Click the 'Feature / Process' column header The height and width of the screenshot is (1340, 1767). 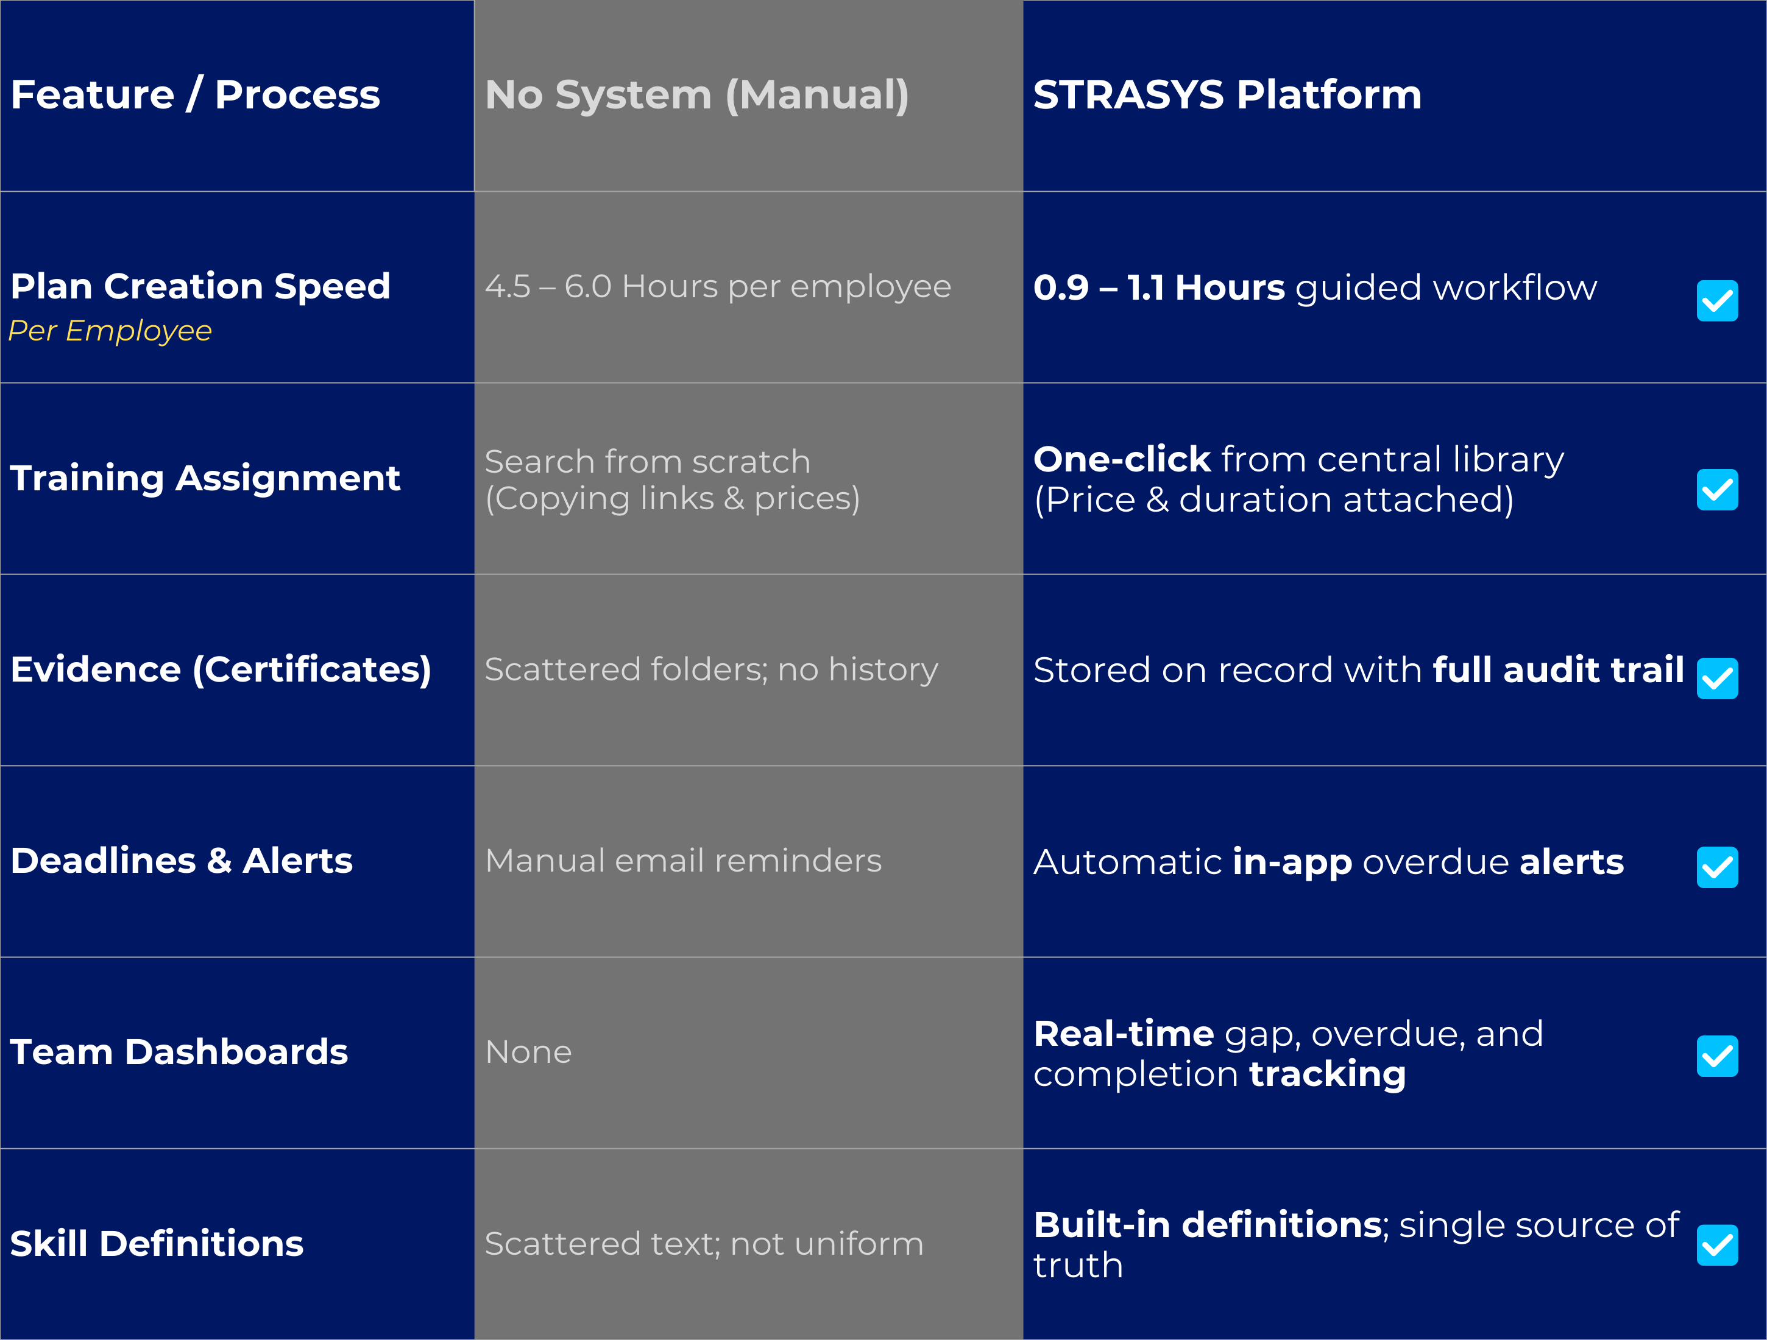click(195, 94)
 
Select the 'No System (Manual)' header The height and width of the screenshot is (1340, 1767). click(696, 94)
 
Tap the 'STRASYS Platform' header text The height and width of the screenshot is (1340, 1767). click(1227, 94)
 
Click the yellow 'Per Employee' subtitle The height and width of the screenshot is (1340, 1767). click(110, 331)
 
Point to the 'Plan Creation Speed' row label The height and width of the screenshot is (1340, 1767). click(200, 286)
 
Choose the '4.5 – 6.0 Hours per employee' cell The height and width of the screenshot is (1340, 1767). click(717, 286)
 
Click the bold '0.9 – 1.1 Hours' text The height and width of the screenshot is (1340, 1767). click(1158, 287)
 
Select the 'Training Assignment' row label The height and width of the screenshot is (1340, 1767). click(205, 478)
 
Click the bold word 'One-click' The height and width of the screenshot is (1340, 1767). click(1122, 459)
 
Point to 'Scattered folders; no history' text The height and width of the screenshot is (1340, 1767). click(711, 669)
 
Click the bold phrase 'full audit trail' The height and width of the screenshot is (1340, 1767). click(1558, 669)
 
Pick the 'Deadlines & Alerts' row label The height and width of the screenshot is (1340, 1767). click(182, 861)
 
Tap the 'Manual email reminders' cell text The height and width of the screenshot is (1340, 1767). click(683, 861)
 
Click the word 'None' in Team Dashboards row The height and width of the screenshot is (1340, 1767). click(528, 1052)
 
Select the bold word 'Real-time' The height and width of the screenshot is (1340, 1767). click(1123, 1034)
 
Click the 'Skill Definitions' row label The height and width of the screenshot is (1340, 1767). click(157, 1243)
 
